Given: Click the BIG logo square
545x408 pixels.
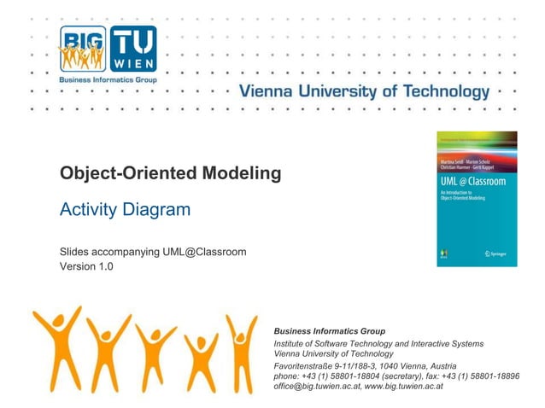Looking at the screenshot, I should pos(82,48).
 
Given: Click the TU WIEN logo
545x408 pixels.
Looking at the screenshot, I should pos(132,48).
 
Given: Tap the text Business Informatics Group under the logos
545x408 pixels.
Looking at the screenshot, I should pos(107,79).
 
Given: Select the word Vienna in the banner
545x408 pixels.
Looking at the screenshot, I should pos(268,92).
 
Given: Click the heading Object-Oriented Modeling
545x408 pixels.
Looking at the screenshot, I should pos(170,174).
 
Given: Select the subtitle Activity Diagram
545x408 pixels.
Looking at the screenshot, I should pos(125,210).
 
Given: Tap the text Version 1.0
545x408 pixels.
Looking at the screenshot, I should pos(86,266).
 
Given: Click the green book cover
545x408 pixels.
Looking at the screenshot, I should pos(477,199).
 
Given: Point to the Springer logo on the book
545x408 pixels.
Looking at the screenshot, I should pos(495,254).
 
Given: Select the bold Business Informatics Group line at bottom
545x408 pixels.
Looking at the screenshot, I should pos(329,331).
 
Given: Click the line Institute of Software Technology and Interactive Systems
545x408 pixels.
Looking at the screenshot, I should pos(378,343).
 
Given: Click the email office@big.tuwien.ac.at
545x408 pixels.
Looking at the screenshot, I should pos(315,386).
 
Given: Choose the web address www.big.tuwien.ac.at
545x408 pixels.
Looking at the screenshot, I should pos(403,386).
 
